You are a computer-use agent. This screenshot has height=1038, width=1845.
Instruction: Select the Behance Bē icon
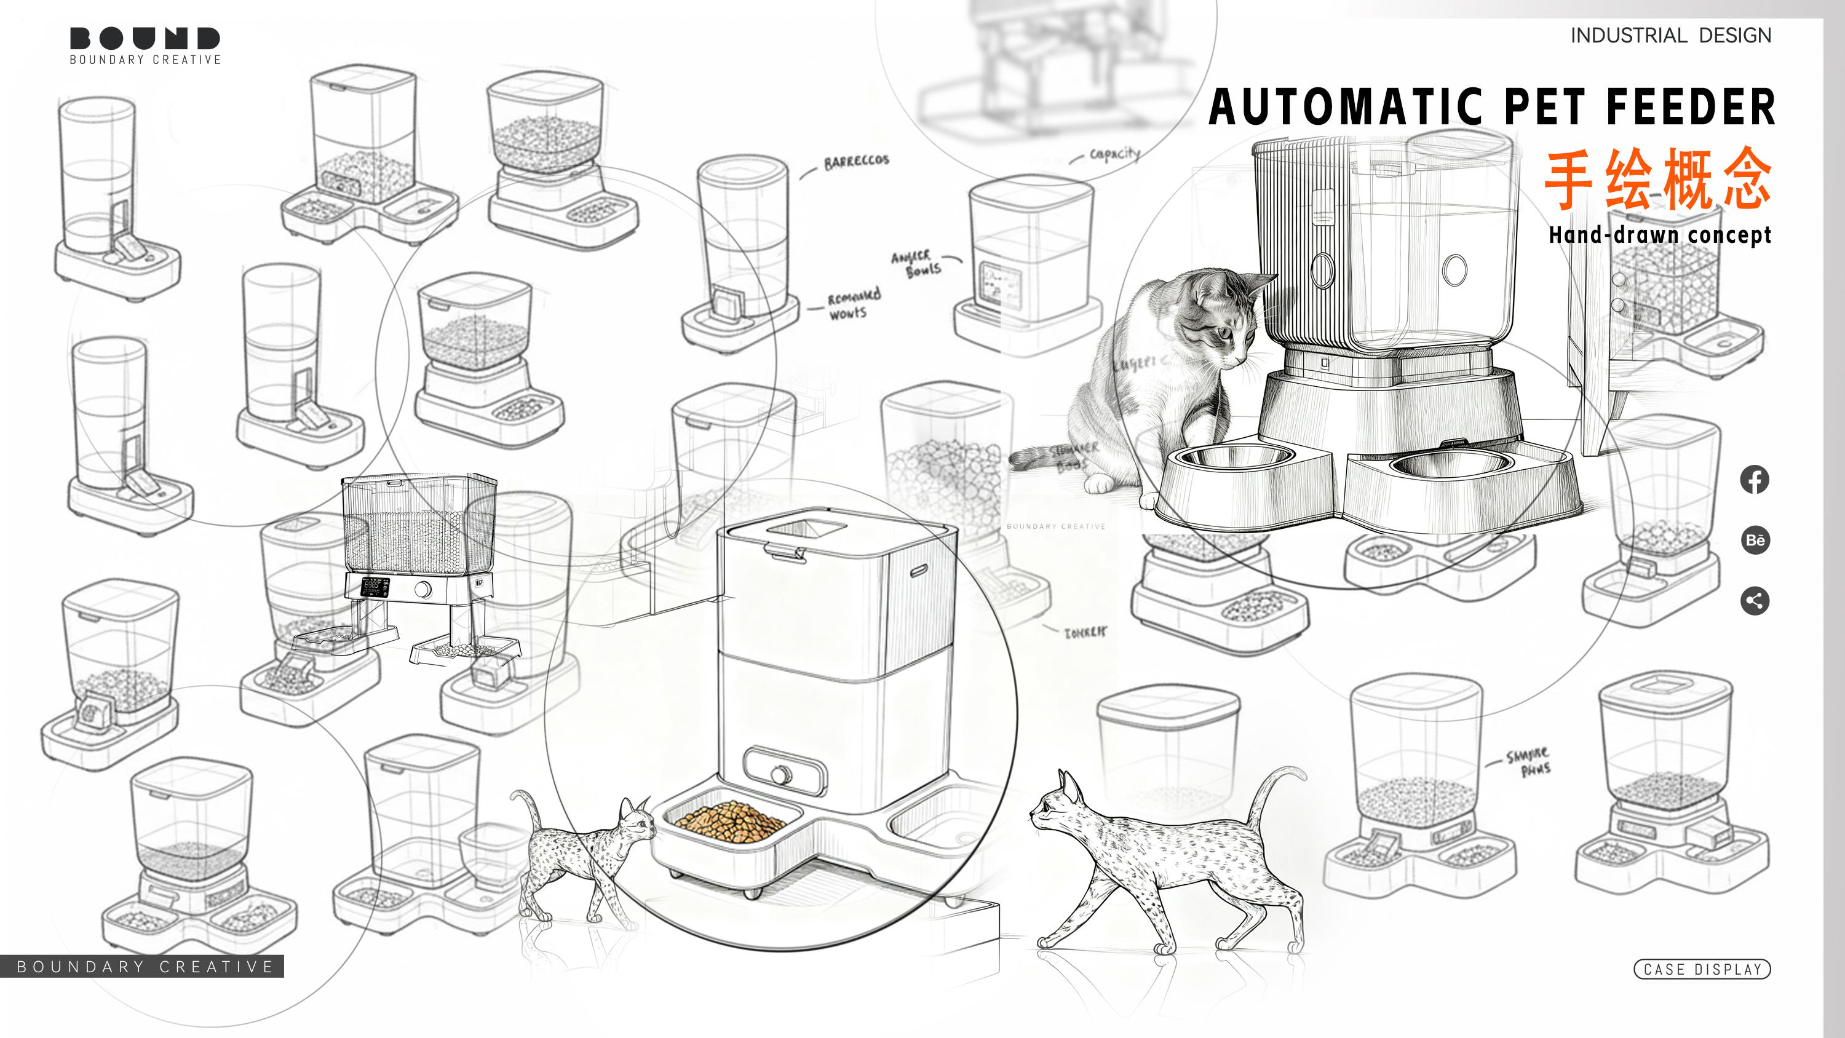1754,539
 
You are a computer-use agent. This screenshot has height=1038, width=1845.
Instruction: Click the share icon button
1754,600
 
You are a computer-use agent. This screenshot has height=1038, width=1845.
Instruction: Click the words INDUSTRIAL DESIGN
1670,35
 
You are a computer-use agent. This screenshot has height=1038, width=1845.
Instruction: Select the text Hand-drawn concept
1659,235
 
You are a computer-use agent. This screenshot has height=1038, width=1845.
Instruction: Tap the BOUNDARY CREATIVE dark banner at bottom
143,967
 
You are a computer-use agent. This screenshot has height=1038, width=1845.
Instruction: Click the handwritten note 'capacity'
1114,153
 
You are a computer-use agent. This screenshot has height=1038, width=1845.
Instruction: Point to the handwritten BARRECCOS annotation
856,161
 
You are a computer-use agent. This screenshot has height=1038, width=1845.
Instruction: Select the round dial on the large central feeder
780,774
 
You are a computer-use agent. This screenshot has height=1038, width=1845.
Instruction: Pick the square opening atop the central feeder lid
807,528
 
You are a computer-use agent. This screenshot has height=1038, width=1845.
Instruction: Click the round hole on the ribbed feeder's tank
1454,270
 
